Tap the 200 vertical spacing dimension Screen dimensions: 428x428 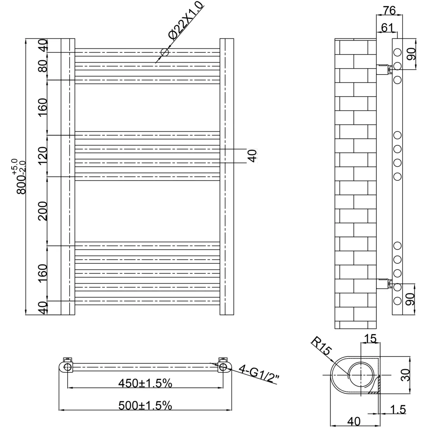coord(43,211)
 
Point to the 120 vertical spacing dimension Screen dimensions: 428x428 coord(43,155)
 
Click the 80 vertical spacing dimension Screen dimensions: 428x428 coord(43,66)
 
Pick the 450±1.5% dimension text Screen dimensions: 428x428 coord(145,383)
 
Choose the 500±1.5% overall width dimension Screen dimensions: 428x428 coord(145,405)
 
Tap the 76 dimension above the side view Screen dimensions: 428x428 coord(389,10)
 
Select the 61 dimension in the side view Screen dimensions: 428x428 coord(387,28)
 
